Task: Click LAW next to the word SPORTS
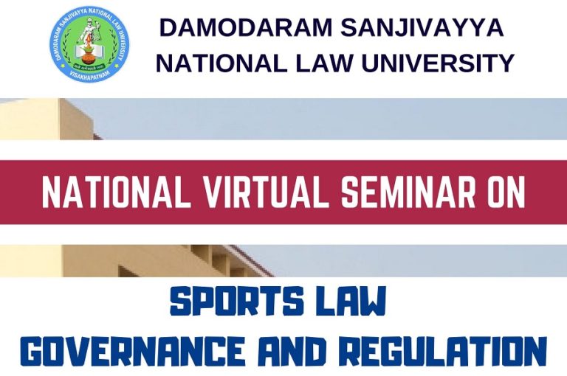[350, 304]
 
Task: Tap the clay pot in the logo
[89, 52]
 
